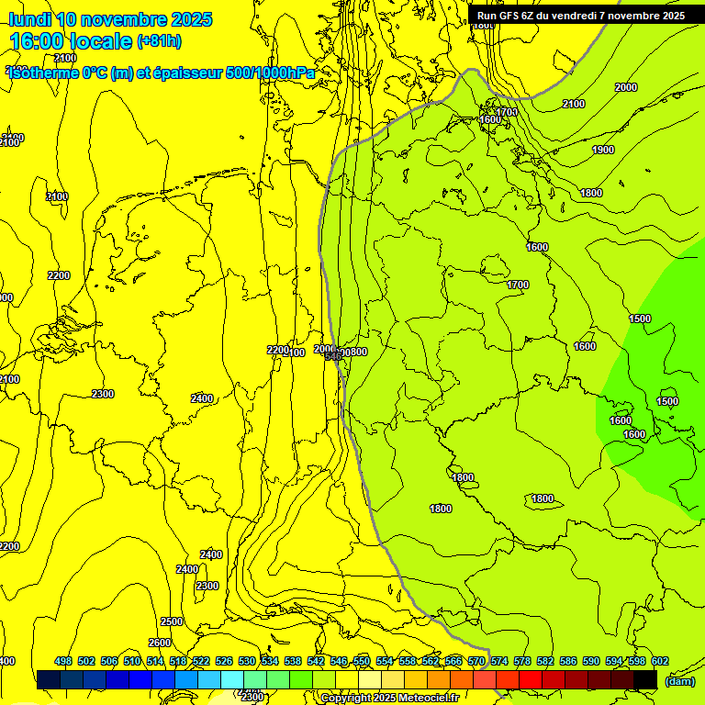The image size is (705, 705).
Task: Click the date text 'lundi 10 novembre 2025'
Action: [110, 19]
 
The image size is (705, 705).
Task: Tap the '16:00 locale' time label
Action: [71, 41]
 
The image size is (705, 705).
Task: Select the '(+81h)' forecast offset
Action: [159, 41]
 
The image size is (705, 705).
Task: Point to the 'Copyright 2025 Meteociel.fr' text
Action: [389, 699]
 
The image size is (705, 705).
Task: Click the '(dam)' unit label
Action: [678, 680]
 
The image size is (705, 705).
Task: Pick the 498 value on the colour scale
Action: [63, 661]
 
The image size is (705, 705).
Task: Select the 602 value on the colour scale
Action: [659, 661]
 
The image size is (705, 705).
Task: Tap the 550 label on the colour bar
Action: [362, 661]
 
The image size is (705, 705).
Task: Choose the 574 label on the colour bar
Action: [499, 661]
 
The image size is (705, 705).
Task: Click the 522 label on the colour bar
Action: [201, 661]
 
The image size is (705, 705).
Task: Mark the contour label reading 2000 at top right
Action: [625, 87]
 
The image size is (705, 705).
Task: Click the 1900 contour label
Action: [603, 150]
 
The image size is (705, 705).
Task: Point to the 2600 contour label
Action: [160, 643]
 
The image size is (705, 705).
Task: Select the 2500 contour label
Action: [172, 621]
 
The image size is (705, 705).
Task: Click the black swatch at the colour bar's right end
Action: [645, 680]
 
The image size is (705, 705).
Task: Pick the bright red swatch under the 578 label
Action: [532, 680]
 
